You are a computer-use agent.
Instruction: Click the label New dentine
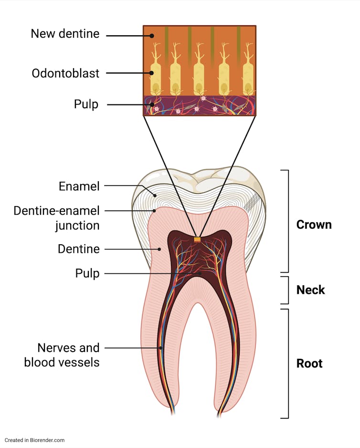point(65,34)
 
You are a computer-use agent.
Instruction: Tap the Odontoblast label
point(65,73)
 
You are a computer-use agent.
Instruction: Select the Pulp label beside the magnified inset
point(86,104)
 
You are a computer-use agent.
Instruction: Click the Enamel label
point(79,186)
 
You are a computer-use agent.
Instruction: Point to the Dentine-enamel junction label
point(56,218)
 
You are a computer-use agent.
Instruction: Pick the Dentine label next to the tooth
point(79,249)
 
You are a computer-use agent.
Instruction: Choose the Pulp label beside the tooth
point(87,273)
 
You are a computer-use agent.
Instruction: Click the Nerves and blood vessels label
point(62,354)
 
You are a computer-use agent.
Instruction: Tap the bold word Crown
point(314,224)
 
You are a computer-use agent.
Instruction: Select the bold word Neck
point(310,290)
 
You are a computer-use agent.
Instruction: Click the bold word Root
point(309,363)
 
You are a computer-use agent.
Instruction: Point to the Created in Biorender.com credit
point(34,440)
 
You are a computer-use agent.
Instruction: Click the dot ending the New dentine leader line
point(151,35)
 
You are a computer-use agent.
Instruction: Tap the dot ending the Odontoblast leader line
point(151,73)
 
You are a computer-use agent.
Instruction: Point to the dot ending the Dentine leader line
point(160,249)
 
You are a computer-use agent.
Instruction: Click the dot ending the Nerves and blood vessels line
point(161,348)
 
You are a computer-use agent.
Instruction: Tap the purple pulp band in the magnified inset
point(200,105)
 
